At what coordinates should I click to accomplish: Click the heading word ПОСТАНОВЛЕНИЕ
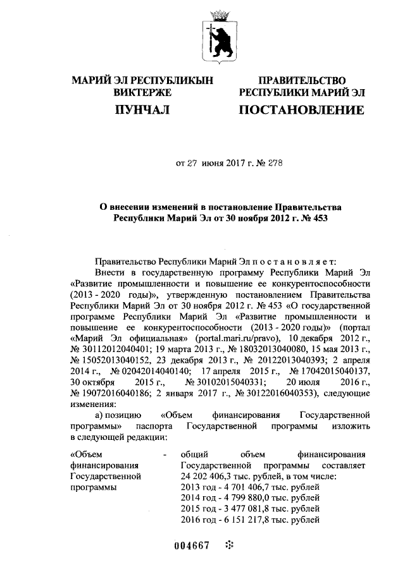point(301,111)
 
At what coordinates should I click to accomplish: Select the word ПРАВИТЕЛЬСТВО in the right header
point(301,80)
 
